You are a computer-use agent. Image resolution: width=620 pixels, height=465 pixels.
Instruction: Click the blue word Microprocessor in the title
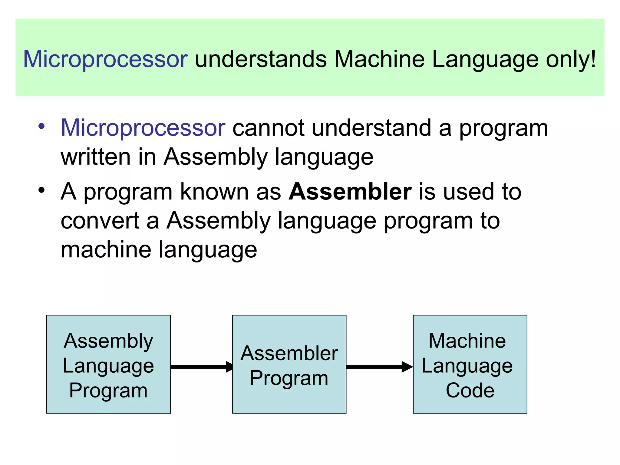point(105,59)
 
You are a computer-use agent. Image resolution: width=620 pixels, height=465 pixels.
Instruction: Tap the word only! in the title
point(570,59)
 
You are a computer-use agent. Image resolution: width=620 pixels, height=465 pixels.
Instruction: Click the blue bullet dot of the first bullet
point(41,126)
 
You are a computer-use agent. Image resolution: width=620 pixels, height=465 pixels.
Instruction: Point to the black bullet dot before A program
point(41,190)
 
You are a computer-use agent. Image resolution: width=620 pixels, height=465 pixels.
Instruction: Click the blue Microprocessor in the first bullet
point(143,128)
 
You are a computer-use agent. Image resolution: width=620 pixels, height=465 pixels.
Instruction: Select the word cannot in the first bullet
point(268,128)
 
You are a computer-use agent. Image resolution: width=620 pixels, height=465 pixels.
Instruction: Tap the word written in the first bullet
point(96,157)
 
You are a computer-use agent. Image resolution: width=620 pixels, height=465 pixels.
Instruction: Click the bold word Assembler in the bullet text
point(350,192)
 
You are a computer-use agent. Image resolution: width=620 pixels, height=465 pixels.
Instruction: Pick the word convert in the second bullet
point(100,221)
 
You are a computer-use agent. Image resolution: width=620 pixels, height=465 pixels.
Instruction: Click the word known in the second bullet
point(214,192)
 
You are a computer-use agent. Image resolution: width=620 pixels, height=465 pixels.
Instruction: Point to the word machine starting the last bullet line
point(106,249)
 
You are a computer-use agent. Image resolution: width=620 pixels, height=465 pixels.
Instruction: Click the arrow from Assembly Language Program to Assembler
point(201,367)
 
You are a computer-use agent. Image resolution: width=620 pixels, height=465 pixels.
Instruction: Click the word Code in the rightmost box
point(470,390)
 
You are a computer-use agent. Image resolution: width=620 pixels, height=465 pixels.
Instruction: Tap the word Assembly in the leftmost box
point(108,341)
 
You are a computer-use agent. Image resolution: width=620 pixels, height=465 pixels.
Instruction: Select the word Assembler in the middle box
point(289,353)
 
